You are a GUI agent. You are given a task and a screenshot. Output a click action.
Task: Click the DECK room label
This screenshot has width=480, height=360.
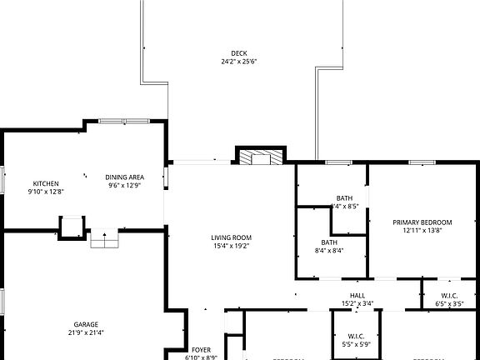[x=239, y=53]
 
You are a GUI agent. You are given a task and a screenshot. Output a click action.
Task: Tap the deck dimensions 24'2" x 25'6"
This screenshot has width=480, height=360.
[x=239, y=62]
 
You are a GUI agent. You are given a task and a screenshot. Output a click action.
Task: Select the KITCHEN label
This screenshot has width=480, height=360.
[x=46, y=183]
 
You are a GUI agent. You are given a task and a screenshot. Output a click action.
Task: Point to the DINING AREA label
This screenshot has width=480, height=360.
[x=125, y=177]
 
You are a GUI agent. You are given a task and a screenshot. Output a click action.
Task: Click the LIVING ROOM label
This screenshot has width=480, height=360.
[x=231, y=237]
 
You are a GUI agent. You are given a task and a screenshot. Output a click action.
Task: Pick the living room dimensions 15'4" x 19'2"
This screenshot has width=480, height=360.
[x=231, y=246]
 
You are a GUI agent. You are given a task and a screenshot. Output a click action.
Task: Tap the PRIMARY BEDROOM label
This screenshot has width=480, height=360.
[x=422, y=222]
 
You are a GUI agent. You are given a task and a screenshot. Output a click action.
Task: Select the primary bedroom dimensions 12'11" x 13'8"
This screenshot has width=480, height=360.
[x=422, y=230]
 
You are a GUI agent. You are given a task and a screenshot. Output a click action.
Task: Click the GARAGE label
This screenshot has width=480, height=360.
[x=86, y=324]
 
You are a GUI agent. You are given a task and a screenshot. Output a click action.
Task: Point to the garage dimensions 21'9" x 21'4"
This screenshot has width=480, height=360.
[x=86, y=332]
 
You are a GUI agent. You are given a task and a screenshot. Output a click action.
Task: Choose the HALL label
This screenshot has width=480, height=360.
[x=357, y=295]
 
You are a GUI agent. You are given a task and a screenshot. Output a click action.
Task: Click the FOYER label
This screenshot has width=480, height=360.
[x=201, y=349]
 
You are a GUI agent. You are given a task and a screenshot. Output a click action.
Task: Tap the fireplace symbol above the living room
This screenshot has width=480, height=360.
[x=260, y=158]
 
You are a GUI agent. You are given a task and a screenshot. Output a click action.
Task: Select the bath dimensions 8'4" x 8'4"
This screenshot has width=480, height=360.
[x=329, y=250]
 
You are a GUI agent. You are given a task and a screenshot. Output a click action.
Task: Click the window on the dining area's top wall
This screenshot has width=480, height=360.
[x=124, y=122]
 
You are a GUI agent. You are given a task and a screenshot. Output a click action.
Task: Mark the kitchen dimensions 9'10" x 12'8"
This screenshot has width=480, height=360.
[x=46, y=192]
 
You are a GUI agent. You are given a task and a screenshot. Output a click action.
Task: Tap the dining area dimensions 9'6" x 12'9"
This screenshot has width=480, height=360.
[x=125, y=185]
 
